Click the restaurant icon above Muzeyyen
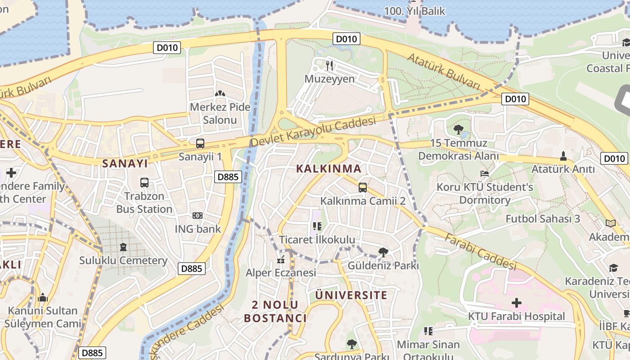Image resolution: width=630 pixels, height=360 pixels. (x=329, y=66)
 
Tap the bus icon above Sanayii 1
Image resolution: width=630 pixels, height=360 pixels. (x=200, y=144)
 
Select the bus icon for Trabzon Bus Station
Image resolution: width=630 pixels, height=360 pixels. (x=144, y=183)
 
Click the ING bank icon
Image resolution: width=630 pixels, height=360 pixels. (x=198, y=216)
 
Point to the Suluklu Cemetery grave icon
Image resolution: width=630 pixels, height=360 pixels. (x=124, y=247)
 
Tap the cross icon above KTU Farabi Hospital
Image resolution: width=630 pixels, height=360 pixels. (x=517, y=303)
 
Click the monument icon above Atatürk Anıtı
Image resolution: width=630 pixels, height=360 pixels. (x=563, y=156)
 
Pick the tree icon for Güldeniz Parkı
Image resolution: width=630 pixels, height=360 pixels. (x=383, y=252)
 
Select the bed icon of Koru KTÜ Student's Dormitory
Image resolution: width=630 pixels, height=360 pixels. (x=485, y=174)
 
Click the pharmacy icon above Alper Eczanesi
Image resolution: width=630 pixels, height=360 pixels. (x=281, y=260)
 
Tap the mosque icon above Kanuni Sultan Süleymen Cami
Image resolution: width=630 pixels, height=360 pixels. (x=43, y=297)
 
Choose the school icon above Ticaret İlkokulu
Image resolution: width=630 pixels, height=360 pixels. (x=317, y=226)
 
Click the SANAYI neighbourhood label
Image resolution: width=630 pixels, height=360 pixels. (x=125, y=163)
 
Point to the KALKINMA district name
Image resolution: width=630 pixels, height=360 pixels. (x=329, y=169)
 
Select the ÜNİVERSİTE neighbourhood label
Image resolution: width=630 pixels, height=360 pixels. (x=351, y=295)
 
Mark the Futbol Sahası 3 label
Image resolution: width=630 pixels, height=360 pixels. (x=543, y=219)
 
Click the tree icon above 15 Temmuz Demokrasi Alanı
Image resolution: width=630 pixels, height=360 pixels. (x=459, y=130)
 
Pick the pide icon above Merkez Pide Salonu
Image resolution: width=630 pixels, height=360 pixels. (x=220, y=94)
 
